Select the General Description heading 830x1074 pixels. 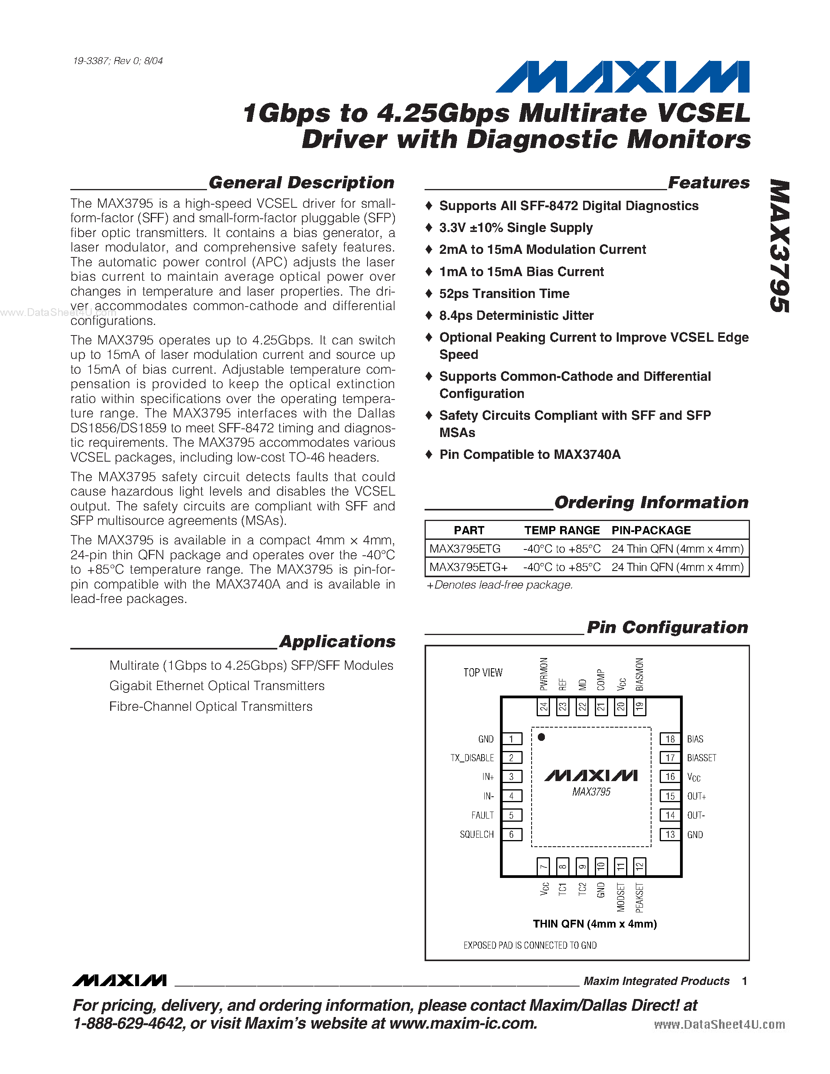click(x=301, y=182)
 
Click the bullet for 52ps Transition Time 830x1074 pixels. click(x=429, y=294)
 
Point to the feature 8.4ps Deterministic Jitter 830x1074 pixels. click(x=516, y=315)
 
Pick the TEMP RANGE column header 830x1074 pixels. click(x=562, y=530)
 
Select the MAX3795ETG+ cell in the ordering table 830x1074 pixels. click(x=468, y=567)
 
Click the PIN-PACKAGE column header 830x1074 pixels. click(x=651, y=530)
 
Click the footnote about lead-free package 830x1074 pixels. click(x=499, y=585)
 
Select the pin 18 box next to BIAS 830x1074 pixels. click(x=670, y=739)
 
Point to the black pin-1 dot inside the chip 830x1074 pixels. click(x=541, y=737)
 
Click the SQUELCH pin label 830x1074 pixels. click(x=477, y=835)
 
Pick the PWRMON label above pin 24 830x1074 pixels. click(x=543, y=674)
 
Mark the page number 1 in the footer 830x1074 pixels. click(x=744, y=981)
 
